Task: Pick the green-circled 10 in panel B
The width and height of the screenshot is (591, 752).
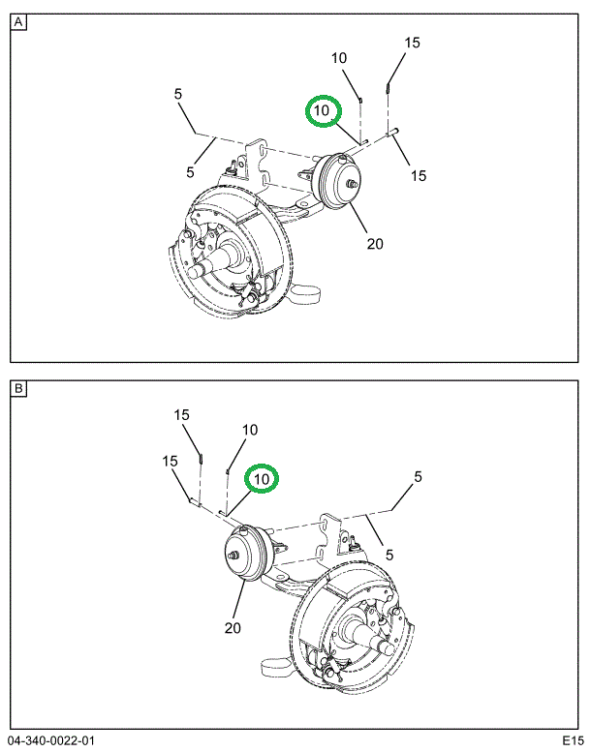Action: [262, 479]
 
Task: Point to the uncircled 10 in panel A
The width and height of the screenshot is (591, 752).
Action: [339, 58]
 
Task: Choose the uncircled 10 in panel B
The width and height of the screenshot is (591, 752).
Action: [250, 430]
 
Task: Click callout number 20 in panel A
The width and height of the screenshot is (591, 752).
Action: [375, 243]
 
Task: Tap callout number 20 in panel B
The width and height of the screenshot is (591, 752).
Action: [233, 628]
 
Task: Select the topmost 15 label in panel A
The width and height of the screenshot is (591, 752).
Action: [413, 43]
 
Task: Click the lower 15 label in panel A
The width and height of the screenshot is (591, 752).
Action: [418, 175]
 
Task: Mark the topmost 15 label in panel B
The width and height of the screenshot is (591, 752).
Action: [182, 415]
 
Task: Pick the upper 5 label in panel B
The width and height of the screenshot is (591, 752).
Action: [418, 476]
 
